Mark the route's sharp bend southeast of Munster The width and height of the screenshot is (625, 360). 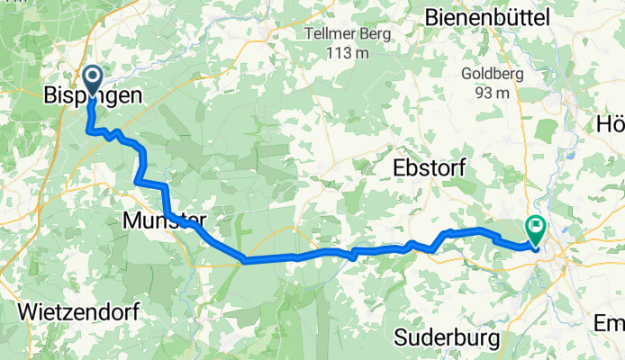coord(243,261)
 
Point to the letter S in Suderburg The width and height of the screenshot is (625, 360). coord(402,337)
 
